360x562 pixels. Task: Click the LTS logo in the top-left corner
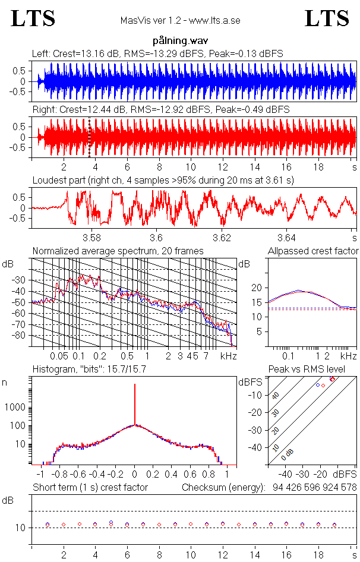(x=33, y=18)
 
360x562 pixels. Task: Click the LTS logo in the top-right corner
(x=327, y=18)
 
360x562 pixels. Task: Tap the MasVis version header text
(x=180, y=21)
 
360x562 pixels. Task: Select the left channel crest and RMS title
(x=157, y=53)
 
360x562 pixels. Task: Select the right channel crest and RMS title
(x=160, y=109)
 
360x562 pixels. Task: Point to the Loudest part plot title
(x=163, y=179)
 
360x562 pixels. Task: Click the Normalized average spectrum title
(x=118, y=251)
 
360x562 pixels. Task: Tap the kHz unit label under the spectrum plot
(x=228, y=356)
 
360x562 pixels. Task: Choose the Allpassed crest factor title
(x=313, y=251)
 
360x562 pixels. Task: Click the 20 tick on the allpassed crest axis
(x=257, y=288)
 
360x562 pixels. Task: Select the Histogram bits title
(x=89, y=370)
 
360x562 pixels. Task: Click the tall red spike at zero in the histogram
(x=135, y=404)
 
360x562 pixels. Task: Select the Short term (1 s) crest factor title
(x=90, y=488)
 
